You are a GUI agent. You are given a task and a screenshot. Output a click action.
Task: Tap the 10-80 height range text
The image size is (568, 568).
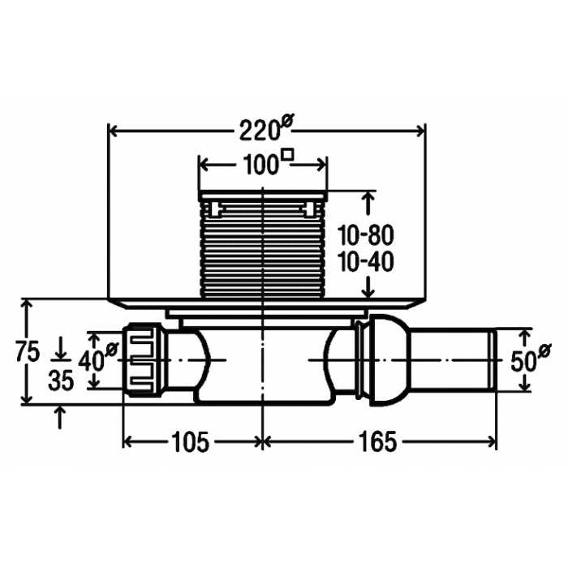pyautogui.click(x=366, y=235)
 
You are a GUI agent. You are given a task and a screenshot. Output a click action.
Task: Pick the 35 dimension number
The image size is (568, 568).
pyautogui.click(x=61, y=381)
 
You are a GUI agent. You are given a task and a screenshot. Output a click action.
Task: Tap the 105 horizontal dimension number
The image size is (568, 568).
pyautogui.click(x=191, y=442)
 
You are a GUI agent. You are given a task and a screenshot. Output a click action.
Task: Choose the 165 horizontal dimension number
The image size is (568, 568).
pyautogui.click(x=377, y=442)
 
